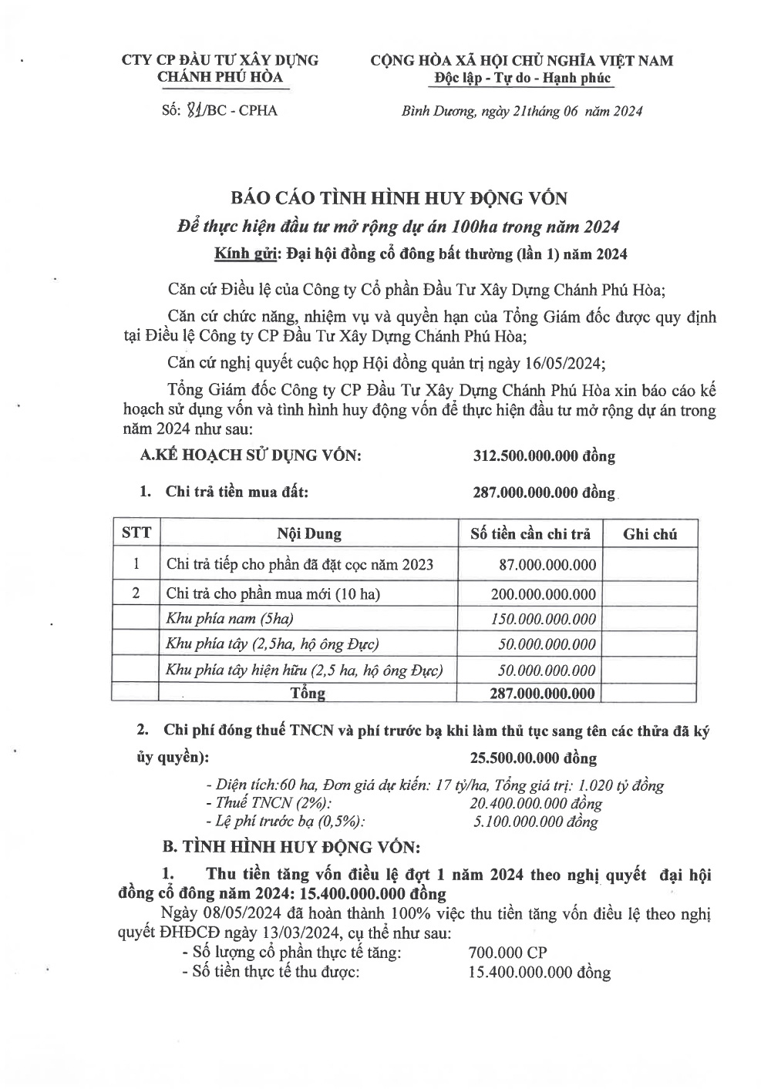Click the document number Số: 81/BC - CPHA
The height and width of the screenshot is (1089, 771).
(220, 110)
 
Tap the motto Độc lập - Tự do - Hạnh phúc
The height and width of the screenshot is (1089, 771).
(522, 78)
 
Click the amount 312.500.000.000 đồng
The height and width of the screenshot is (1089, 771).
(544, 455)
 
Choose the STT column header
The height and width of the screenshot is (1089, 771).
(136, 533)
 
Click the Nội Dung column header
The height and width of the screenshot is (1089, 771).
(309, 533)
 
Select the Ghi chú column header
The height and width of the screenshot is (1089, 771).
(650, 533)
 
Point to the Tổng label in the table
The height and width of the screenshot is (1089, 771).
(308, 693)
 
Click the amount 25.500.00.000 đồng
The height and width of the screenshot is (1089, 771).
(534, 758)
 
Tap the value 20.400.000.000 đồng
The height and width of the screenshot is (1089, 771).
(536, 804)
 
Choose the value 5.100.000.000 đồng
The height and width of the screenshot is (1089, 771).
(536, 822)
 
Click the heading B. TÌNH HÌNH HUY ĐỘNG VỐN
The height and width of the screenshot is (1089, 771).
(291, 846)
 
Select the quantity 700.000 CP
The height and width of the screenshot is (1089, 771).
(507, 953)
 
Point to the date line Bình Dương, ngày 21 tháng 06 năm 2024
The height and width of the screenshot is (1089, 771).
(522, 111)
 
